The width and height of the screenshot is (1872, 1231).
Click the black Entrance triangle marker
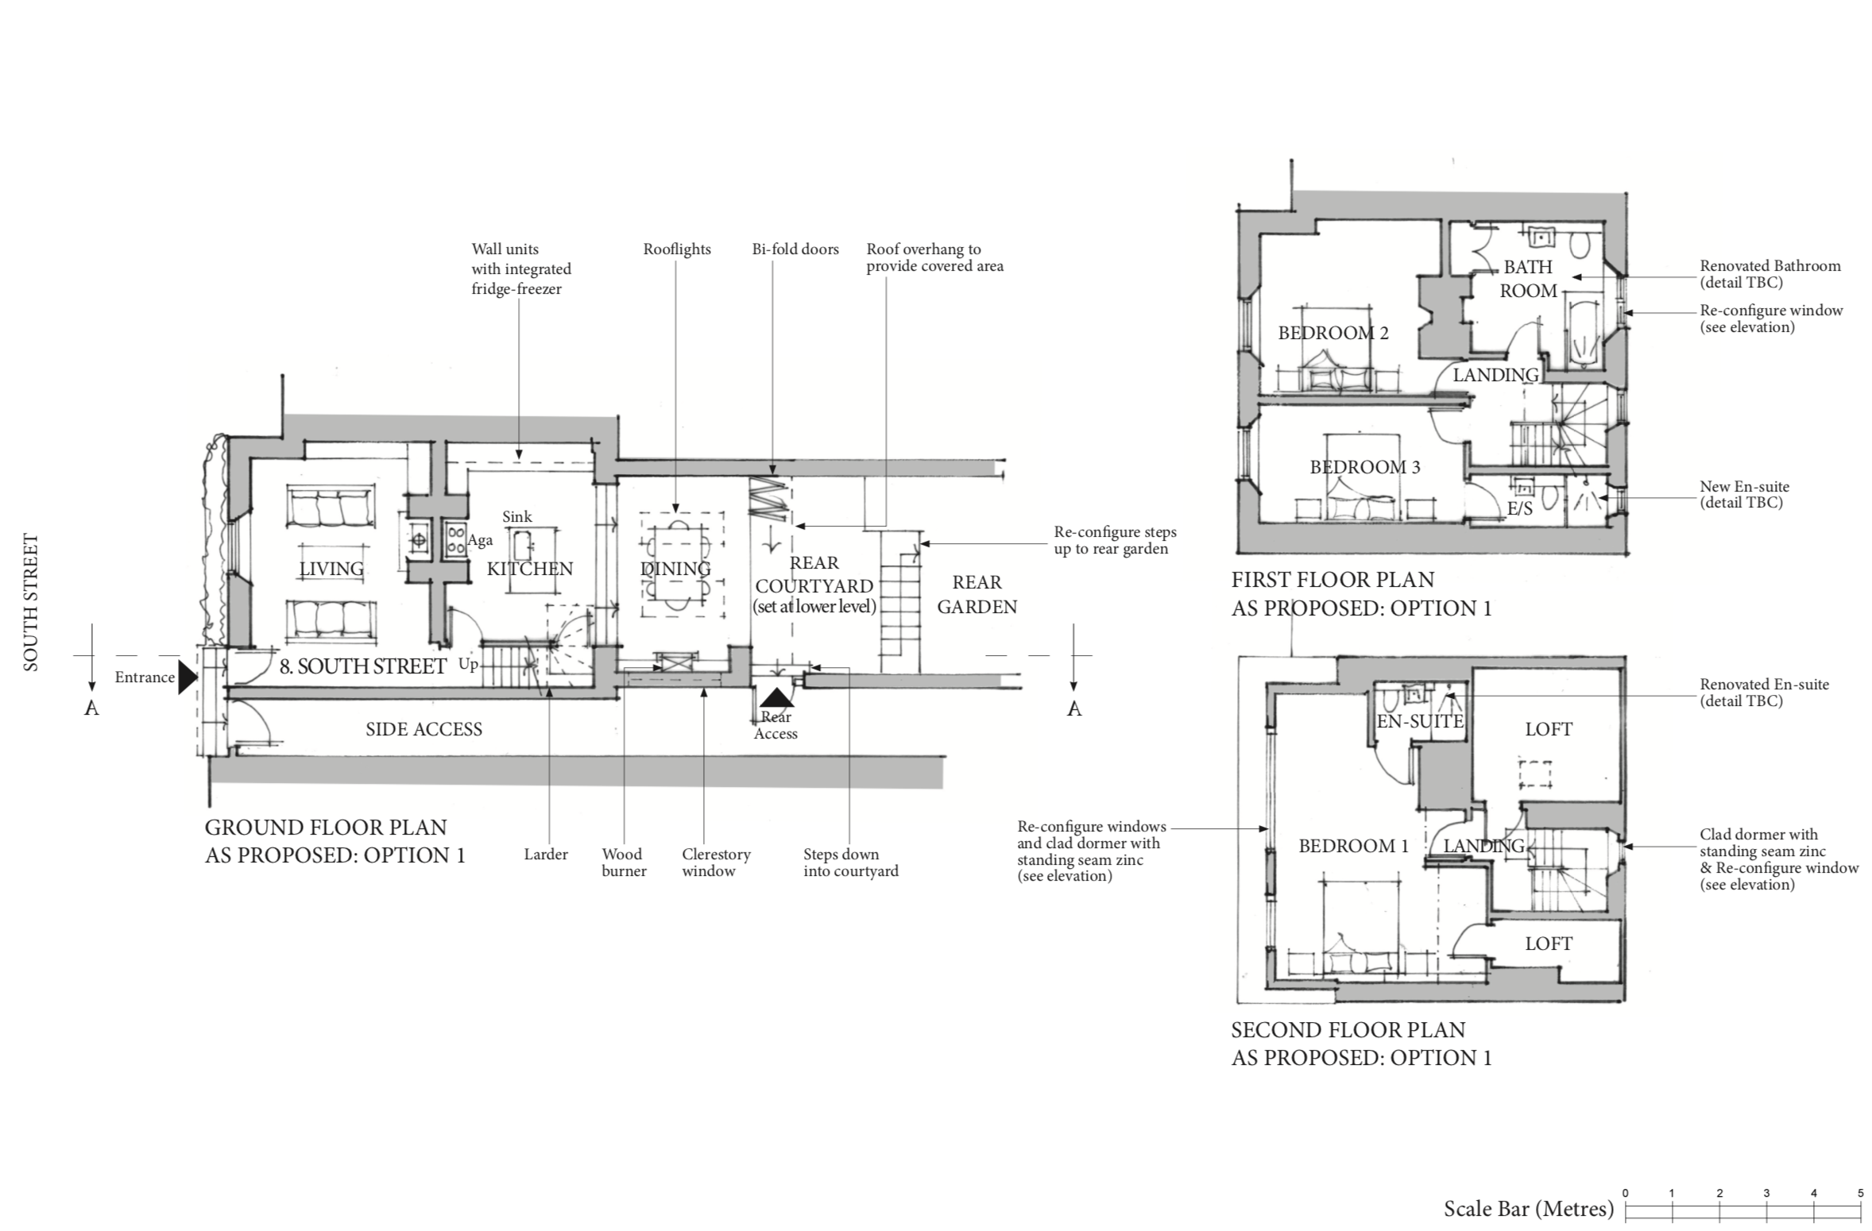[188, 677]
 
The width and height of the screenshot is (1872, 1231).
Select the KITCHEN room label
[530, 569]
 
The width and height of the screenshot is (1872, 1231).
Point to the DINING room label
[675, 569]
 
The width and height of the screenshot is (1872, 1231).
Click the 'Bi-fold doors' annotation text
[795, 249]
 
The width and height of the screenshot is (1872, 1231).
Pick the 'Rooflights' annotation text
[677, 249]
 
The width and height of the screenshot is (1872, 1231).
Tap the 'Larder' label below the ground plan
[546, 855]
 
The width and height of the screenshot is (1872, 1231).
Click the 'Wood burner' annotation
[624, 862]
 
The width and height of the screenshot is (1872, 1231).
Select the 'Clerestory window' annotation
[716, 862]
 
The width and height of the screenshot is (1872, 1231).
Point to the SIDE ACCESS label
[424, 729]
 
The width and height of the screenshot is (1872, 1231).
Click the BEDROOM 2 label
[1333, 333]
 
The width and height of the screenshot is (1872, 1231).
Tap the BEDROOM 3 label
[1365, 467]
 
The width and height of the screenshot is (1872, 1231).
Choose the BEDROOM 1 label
[1354, 846]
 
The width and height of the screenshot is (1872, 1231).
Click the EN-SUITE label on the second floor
[1420, 721]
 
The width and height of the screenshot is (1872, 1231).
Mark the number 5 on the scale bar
[1860, 1193]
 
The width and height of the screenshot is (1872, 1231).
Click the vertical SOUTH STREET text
[31, 603]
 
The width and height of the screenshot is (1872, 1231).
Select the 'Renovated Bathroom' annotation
[1770, 266]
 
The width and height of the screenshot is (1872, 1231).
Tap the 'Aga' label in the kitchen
[480, 541]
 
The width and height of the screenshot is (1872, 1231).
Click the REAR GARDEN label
[977, 594]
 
